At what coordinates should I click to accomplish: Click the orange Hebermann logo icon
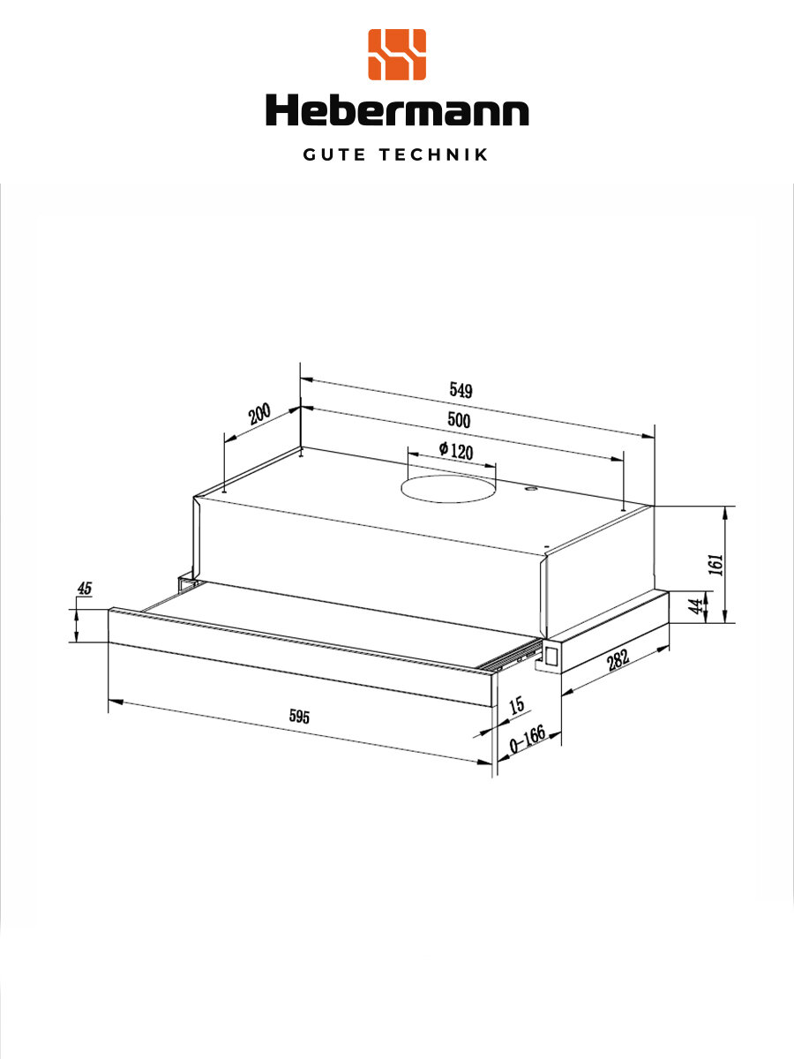click(x=397, y=55)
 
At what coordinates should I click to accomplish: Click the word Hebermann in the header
click(x=397, y=111)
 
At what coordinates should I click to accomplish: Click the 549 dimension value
click(x=461, y=390)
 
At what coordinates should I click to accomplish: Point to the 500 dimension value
click(x=458, y=420)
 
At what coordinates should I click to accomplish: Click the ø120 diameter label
click(x=455, y=451)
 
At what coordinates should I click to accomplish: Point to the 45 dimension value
click(x=85, y=589)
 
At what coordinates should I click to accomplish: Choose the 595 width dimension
click(x=300, y=717)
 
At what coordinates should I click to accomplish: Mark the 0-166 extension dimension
click(x=528, y=744)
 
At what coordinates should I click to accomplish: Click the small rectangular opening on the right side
click(x=551, y=655)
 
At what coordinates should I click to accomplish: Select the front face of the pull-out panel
click(x=291, y=657)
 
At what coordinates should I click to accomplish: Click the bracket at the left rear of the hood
click(x=185, y=583)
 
